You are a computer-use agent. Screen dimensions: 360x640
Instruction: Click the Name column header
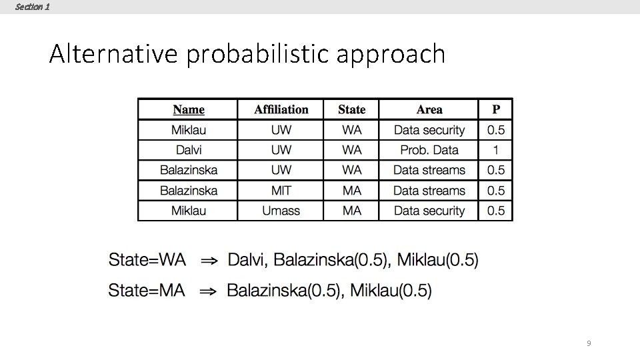click(189, 109)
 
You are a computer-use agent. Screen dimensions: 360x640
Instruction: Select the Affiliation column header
click(281, 109)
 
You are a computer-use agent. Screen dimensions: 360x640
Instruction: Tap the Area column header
click(429, 109)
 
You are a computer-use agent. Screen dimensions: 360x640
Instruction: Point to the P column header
click(495, 109)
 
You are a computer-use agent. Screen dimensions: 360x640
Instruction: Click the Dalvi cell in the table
click(189, 150)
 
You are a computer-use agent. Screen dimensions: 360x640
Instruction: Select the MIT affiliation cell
click(281, 191)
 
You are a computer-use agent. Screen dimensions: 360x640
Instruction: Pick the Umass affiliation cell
click(281, 211)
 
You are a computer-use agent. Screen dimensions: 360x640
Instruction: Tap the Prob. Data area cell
click(429, 150)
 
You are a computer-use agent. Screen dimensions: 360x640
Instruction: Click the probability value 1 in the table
click(495, 150)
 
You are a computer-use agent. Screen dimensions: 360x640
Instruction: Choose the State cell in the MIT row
click(351, 191)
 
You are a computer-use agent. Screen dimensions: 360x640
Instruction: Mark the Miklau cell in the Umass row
click(189, 211)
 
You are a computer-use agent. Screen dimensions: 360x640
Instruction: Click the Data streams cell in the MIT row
click(429, 191)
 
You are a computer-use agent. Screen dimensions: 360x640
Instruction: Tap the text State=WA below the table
click(147, 259)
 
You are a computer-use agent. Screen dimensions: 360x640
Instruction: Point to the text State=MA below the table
click(147, 291)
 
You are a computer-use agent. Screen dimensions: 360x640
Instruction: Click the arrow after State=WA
click(209, 260)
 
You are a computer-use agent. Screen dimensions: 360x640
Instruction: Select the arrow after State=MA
click(208, 291)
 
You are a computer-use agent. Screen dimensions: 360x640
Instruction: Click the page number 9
click(588, 343)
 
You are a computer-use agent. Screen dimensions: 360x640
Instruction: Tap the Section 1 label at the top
click(31, 7)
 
